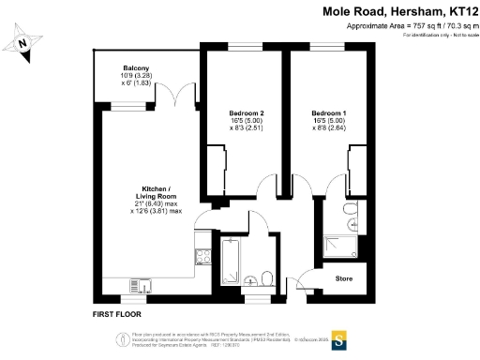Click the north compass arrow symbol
25,42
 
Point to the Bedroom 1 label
328,112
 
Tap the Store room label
343,277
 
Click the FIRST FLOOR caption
121,314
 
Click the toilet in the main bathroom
268,278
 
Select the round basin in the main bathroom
252,279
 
